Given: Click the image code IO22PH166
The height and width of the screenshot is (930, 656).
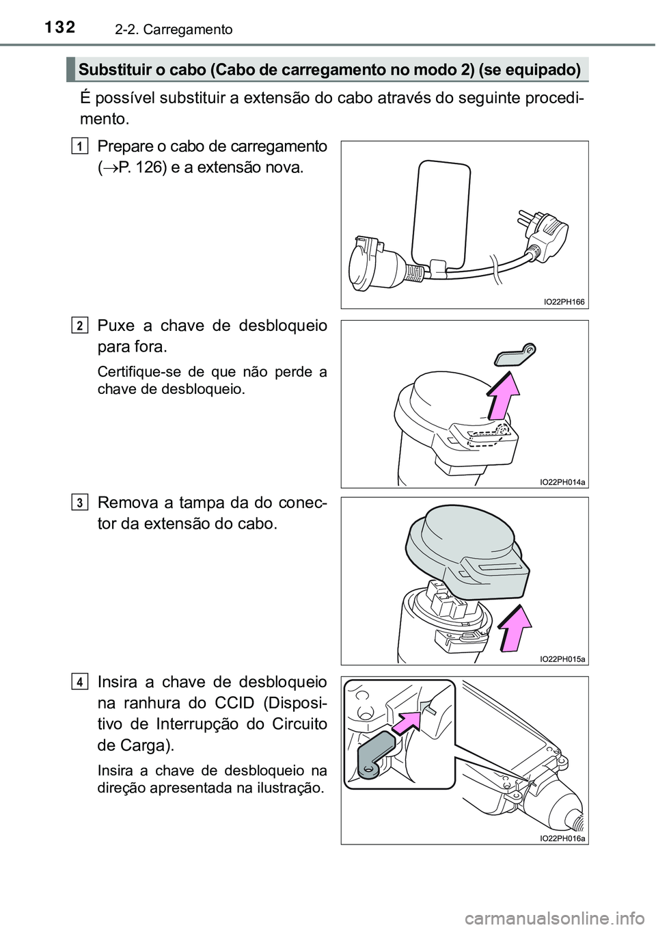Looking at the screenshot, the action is [564, 302].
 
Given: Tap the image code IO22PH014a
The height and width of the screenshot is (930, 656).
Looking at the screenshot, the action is [562, 481].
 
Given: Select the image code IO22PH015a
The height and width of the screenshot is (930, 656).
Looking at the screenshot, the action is [562, 659].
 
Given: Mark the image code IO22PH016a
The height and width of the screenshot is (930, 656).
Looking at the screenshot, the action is [562, 838].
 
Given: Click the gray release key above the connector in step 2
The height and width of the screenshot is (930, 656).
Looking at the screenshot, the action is [516, 354].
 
